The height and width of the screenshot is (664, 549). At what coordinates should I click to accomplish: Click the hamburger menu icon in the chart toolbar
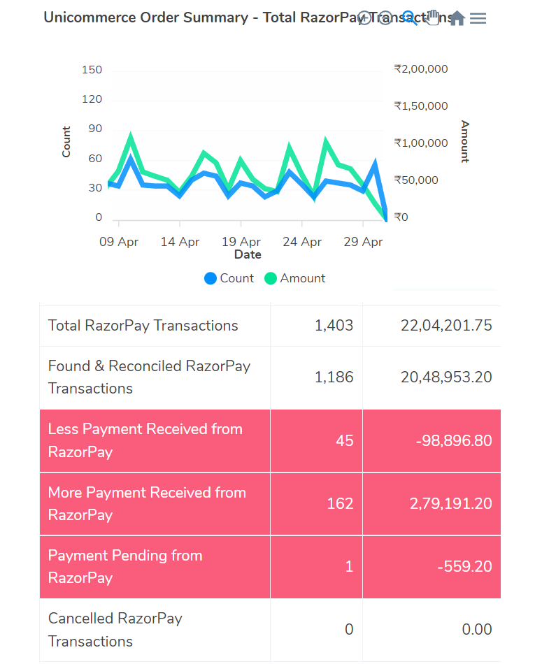click(x=478, y=18)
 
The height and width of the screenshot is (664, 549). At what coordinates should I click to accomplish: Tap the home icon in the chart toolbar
click(x=457, y=18)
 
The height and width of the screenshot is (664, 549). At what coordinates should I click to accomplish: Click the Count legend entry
click(x=229, y=278)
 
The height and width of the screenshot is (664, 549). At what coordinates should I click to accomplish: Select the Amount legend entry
click(x=294, y=278)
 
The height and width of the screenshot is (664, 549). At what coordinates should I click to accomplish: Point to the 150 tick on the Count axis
click(x=92, y=70)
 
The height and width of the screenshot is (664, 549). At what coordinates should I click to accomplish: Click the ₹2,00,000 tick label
click(x=421, y=69)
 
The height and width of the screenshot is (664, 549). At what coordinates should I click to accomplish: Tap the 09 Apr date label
click(x=120, y=242)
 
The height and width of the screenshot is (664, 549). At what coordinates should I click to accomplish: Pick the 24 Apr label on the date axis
click(x=302, y=242)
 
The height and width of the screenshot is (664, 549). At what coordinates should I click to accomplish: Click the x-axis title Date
click(x=248, y=255)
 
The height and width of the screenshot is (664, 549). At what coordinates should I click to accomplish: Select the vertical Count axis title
click(x=66, y=141)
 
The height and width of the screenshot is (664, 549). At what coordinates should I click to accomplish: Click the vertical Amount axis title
click(x=465, y=141)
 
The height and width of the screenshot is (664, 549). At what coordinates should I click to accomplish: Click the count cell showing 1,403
click(x=334, y=326)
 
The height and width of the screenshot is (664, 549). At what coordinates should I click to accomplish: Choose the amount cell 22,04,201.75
click(x=446, y=326)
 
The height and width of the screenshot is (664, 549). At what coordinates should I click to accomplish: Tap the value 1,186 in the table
click(x=334, y=377)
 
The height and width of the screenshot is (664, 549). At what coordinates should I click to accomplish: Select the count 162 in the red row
click(x=340, y=504)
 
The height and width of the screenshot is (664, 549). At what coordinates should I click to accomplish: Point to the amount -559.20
click(x=464, y=567)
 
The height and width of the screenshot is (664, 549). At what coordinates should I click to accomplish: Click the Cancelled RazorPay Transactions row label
click(x=115, y=630)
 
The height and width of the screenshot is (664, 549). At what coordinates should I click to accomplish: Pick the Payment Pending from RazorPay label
click(x=124, y=567)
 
